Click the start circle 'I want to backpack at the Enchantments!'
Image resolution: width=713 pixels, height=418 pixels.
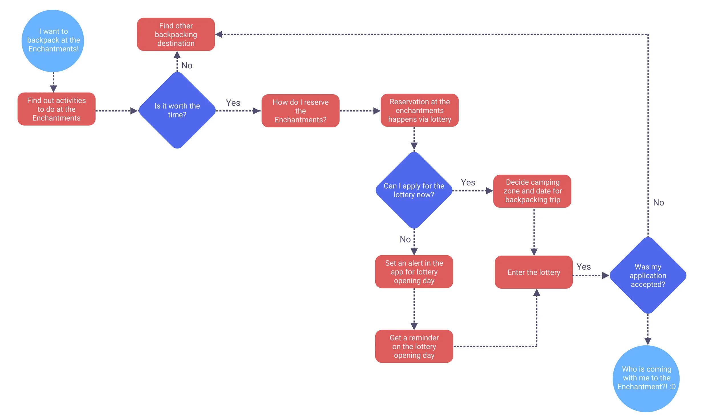(53, 41)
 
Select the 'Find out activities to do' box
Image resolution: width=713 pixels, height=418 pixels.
(56, 109)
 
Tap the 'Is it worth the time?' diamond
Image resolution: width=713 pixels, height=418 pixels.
(177, 110)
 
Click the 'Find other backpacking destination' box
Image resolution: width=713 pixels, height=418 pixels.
(176, 34)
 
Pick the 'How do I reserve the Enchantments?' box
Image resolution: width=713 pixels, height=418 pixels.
(300, 111)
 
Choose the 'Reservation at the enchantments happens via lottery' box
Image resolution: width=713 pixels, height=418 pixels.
(420, 110)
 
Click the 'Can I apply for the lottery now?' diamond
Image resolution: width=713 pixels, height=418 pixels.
(414, 190)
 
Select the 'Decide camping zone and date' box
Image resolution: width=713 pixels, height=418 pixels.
(532, 191)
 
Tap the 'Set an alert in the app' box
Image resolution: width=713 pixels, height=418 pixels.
(414, 272)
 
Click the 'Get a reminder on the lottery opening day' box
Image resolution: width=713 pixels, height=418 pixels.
(414, 346)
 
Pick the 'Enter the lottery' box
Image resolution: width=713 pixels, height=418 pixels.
(534, 272)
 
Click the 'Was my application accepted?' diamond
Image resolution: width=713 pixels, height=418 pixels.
(648, 276)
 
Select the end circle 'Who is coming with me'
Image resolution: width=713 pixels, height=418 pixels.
(646, 378)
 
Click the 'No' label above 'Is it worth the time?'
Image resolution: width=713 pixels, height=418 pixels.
(187, 66)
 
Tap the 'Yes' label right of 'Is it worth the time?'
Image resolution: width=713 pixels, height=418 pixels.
(233, 103)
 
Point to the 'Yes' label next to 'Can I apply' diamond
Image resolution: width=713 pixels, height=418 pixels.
(468, 183)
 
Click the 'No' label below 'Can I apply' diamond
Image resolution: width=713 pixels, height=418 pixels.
(405, 239)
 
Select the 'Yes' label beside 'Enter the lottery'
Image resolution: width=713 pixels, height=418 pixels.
(584, 267)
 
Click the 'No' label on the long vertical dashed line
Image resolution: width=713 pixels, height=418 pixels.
(659, 203)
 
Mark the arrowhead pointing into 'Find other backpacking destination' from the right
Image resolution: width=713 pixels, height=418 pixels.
(219, 34)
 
